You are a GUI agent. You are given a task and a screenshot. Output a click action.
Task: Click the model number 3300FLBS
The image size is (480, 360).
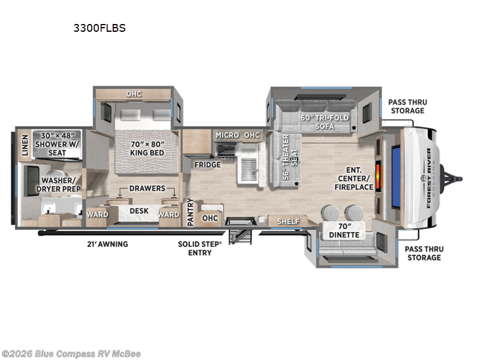[x=100, y=28]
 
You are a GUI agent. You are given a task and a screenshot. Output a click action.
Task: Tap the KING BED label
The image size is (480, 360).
[x=147, y=148]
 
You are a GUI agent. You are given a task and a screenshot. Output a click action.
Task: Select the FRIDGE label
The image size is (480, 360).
[x=208, y=164]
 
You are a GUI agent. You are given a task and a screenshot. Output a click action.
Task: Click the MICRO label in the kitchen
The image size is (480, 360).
[x=227, y=135]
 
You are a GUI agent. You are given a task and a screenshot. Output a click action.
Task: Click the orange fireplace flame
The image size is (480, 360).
[x=379, y=178]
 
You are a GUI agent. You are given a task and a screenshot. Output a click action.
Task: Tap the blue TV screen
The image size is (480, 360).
[x=396, y=178]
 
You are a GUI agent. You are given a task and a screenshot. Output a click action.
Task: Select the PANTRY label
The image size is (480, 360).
[x=190, y=212]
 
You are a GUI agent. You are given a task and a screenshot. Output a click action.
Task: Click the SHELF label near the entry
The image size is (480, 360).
[x=289, y=221]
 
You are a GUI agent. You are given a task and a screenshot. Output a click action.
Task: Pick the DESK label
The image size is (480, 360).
[x=139, y=211]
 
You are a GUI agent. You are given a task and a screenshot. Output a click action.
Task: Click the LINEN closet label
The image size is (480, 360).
[x=25, y=145]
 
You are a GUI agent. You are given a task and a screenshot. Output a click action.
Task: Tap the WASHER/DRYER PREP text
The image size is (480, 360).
[x=58, y=185]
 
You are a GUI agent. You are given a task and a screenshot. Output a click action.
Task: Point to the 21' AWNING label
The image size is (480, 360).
[x=107, y=244]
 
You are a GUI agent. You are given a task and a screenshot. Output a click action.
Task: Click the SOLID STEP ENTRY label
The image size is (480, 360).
[x=200, y=248]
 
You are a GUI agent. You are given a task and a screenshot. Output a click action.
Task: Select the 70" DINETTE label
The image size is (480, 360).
[x=344, y=230]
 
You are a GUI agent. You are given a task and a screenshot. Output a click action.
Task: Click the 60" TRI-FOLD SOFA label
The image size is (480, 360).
[x=325, y=122]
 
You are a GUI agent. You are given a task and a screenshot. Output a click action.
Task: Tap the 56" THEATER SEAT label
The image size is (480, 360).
[x=290, y=157]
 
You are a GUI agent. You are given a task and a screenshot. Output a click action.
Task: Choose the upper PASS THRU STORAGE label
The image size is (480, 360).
[x=408, y=106]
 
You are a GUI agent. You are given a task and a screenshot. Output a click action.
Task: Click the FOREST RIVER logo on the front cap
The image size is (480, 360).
[x=430, y=178]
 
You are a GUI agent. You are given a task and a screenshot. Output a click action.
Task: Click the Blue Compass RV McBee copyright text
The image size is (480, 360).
[x=71, y=354]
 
